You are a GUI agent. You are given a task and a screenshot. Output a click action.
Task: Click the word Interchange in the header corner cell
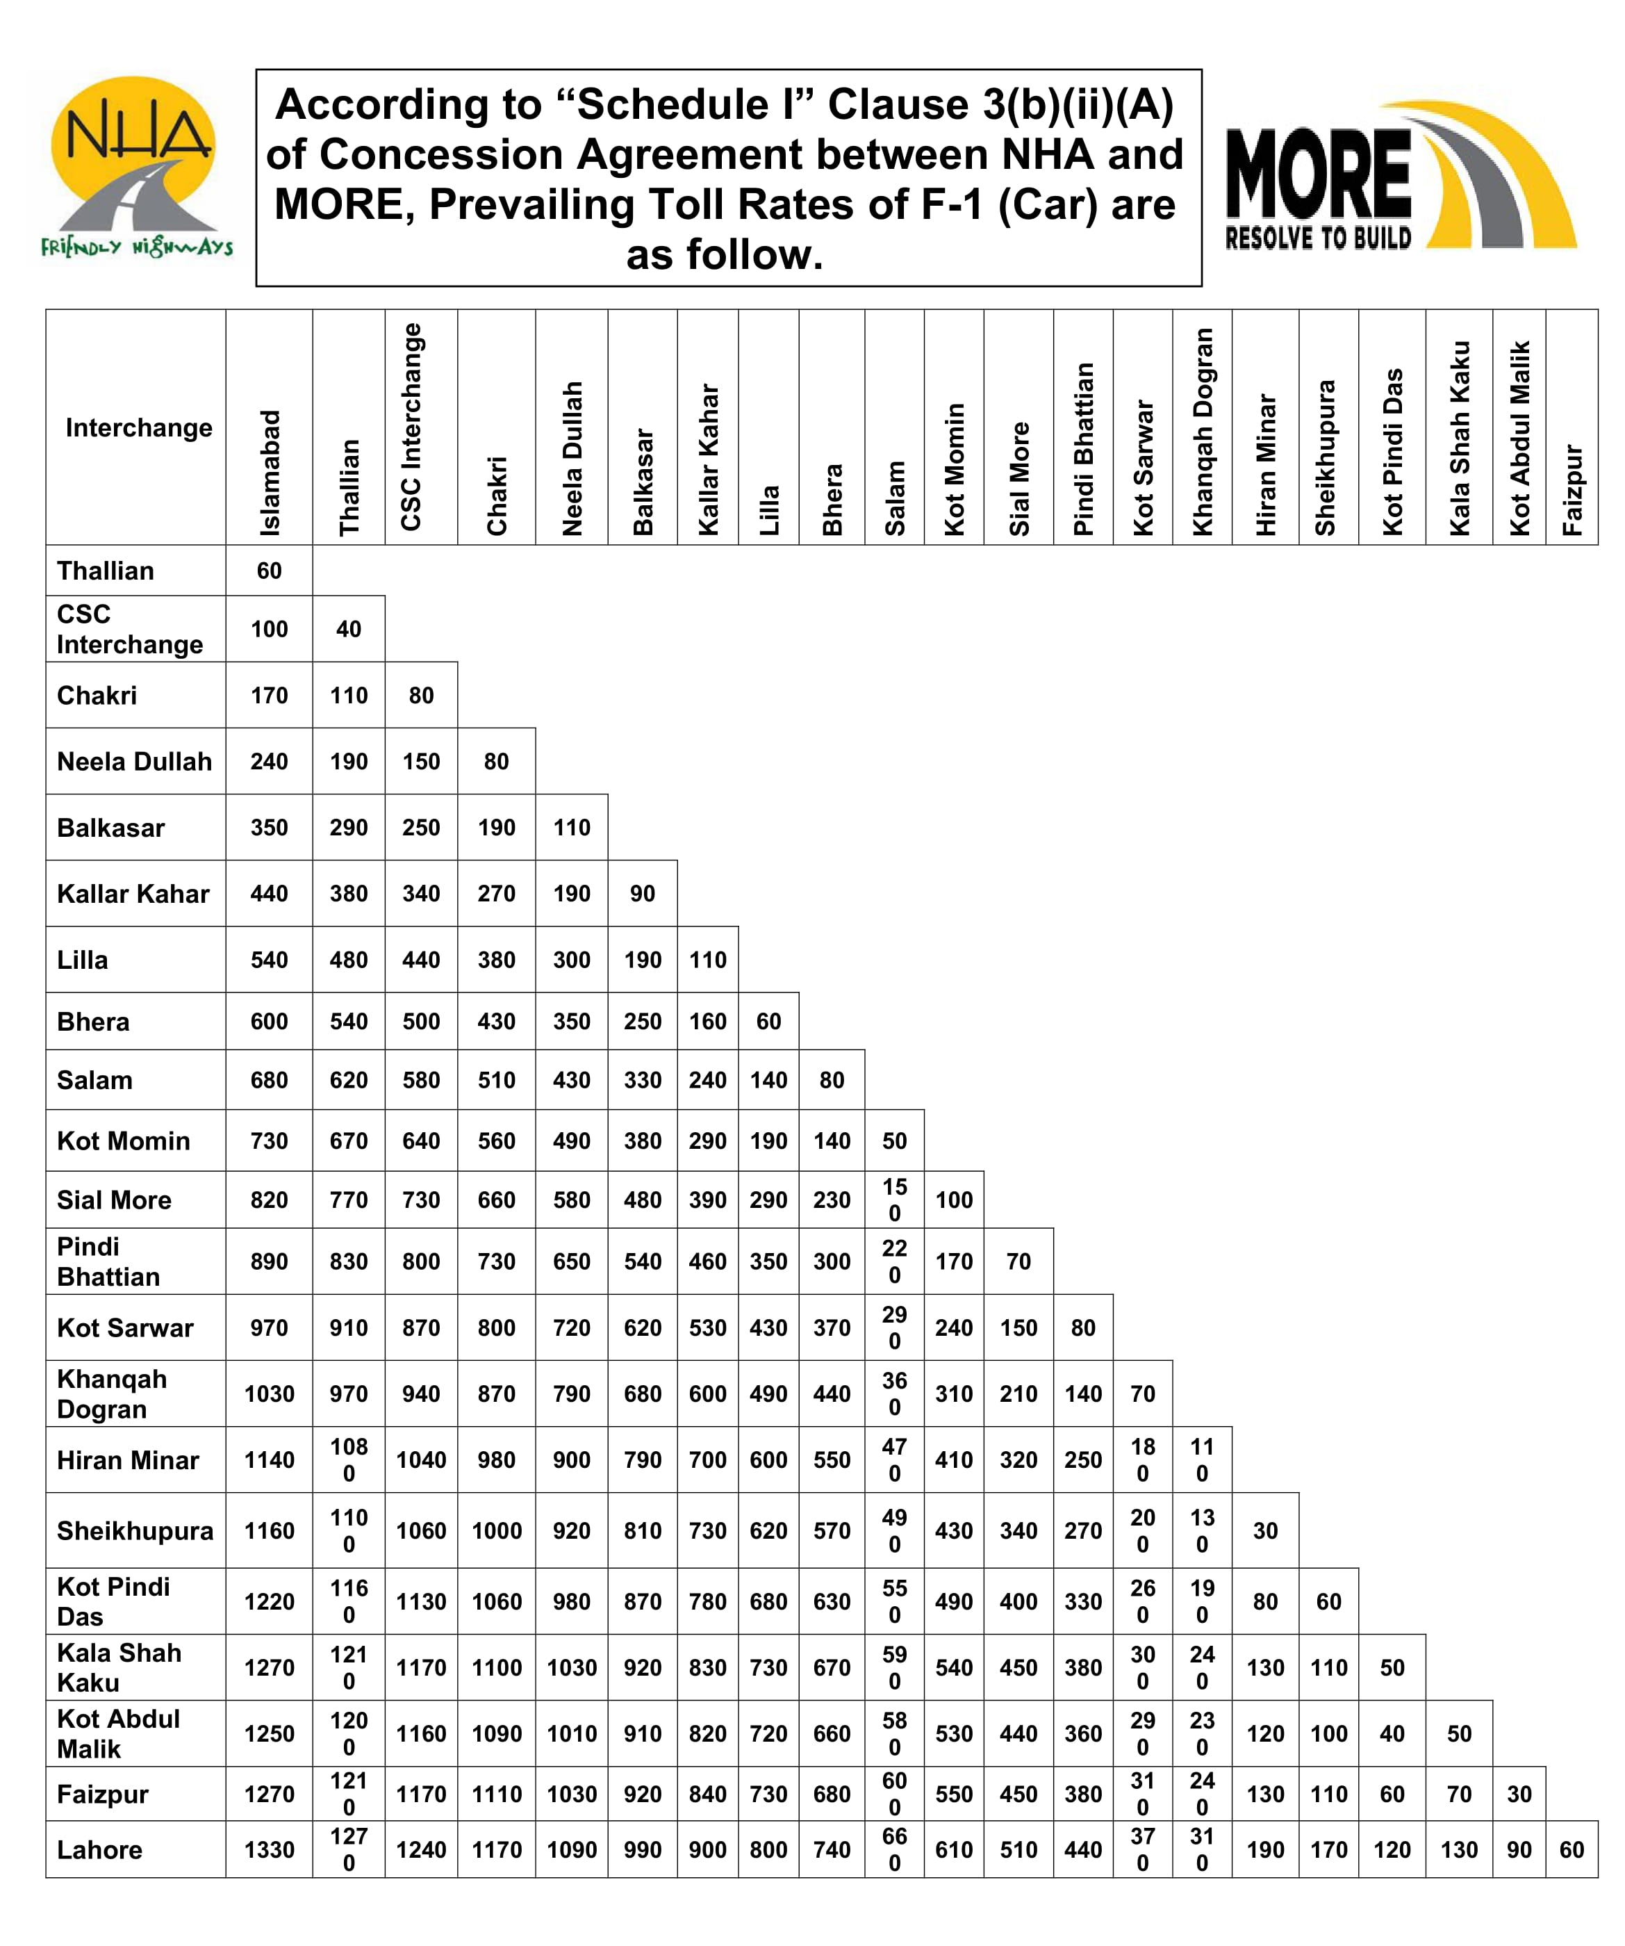[138, 428]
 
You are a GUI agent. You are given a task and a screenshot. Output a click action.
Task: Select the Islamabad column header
[270, 473]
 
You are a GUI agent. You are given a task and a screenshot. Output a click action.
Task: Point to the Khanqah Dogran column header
[1203, 432]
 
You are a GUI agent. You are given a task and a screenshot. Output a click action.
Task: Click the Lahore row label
[100, 1849]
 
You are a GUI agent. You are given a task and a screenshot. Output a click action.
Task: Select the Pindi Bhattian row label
[108, 1261]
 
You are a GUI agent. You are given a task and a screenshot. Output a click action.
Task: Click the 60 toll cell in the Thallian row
[270, 571]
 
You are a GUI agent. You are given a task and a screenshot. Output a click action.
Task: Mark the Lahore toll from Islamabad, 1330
[270, 1849]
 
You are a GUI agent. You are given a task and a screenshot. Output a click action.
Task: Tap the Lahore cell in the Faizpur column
[1572, 1849]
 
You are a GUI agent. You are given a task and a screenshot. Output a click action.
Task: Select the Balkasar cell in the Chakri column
[497, 828]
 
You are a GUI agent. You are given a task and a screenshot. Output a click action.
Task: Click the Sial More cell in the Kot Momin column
[955, 1200]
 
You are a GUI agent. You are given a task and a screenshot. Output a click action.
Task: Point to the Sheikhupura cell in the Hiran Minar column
[1266, 1531]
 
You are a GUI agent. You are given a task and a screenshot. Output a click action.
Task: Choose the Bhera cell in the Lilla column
[769, 1021]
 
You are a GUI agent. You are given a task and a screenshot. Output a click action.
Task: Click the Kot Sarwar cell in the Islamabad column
[270, 1328]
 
